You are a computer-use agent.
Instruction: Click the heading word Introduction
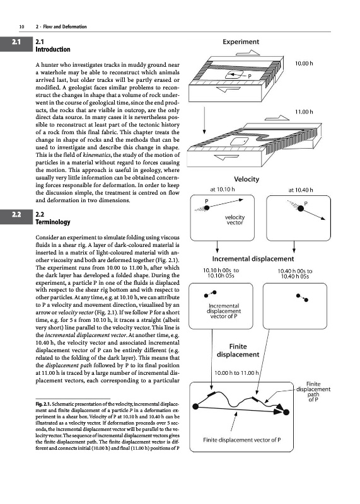(53, 50)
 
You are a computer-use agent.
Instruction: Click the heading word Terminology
(53, 222)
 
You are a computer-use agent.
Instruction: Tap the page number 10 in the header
(22, 26)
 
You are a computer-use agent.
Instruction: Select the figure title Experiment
(241, 42)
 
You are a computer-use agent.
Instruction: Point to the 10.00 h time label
(304, 64)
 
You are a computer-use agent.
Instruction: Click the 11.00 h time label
(304, 112)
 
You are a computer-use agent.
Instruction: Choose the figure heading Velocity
(247, 180)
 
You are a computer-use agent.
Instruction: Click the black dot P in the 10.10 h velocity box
(207, 208)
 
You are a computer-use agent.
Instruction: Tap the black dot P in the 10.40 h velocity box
(301, 209)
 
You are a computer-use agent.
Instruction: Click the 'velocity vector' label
(235, 220)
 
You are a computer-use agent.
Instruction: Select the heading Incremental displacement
(253, 259)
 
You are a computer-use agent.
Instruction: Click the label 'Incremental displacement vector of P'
(224, 311)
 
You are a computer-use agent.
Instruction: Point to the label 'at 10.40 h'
(301, 190)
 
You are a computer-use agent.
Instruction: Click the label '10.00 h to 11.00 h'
(236, 373)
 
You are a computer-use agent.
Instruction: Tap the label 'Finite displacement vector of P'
(242, 440)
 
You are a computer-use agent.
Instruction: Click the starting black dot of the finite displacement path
(195, 406)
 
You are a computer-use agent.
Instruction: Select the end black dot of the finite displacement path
(286, 412)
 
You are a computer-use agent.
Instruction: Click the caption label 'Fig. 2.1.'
(43, 404)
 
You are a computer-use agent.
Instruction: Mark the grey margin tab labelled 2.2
(16, 214)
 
